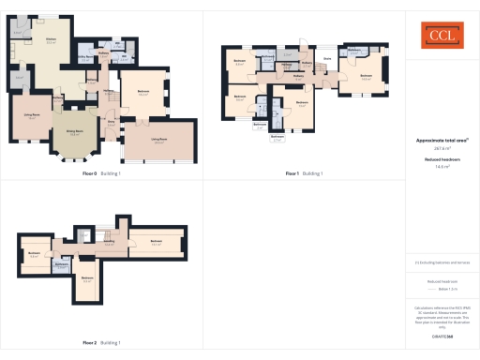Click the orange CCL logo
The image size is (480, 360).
click(441, 36)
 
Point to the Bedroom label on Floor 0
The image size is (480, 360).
click(143, 92)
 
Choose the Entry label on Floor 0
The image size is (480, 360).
click(111, 122)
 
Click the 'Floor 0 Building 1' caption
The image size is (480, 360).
click(101, 173)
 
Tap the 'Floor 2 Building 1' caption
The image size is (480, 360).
click(101, 342)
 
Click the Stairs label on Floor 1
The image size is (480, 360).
click(328, 58)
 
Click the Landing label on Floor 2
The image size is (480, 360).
click(109, 242)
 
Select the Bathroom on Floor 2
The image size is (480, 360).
click(62, 266)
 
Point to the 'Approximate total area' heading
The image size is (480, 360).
click(441, 140)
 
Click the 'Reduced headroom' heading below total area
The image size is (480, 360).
click(441, 159)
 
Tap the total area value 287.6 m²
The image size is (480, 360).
click(441, 148)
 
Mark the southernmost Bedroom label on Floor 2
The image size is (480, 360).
click(86, 278)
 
